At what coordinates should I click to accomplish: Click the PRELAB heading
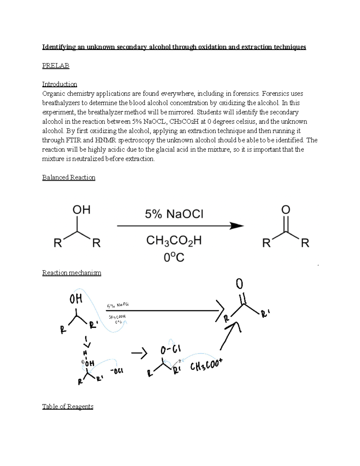55,65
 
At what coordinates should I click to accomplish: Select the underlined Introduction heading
59,84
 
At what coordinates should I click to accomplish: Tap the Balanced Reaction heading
69,177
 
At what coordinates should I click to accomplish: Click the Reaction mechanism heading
72,273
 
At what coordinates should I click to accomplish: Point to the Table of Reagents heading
68,407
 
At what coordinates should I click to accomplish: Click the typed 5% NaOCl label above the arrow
174,214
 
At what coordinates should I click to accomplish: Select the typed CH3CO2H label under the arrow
174,241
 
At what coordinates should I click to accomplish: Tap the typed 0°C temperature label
174,257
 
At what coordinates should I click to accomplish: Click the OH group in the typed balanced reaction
81,210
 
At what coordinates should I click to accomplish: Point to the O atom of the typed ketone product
286,210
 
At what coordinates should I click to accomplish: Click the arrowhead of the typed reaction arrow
237,226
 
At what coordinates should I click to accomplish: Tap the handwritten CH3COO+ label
206,365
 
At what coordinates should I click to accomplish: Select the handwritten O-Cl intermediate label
170,350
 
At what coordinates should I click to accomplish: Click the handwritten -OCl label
117,371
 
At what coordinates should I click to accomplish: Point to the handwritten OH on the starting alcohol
76,299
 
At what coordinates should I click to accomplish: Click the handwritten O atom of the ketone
239,284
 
